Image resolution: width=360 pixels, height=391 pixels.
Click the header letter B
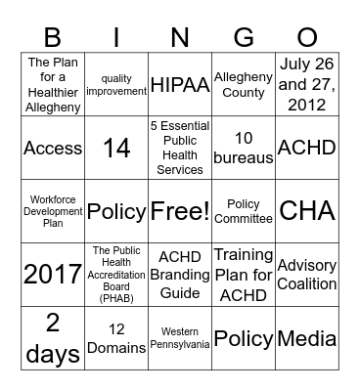click(52, 38)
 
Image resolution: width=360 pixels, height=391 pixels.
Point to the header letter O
click(306, 38)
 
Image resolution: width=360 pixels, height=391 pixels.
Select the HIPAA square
click(179, 84)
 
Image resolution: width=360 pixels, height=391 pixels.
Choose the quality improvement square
click(116, 84)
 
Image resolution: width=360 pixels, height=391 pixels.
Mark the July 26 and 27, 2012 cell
click(306, 84)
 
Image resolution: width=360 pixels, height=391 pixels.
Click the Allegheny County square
click(243, 84)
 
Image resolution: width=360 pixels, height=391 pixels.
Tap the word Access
click(53, 148)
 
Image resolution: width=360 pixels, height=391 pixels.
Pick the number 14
click(116, 148)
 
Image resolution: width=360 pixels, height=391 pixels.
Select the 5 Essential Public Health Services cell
click(179, 148)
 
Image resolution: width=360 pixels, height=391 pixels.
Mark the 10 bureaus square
click(243, 148)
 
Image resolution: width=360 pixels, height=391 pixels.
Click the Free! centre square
click(179, 211)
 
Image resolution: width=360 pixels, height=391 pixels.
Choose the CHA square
click(306, 211)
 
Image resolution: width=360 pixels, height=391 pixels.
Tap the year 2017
click(53, 275)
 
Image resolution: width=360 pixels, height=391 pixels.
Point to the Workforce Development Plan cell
click(53, 211)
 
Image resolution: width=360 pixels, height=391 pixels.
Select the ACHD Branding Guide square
click(179, 275)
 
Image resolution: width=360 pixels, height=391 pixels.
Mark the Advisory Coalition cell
click(306, 275)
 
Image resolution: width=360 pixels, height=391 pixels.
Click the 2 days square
click(53, 338)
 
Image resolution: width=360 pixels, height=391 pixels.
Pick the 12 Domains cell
click(116, 338)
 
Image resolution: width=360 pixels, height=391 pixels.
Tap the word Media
click(306, 338)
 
